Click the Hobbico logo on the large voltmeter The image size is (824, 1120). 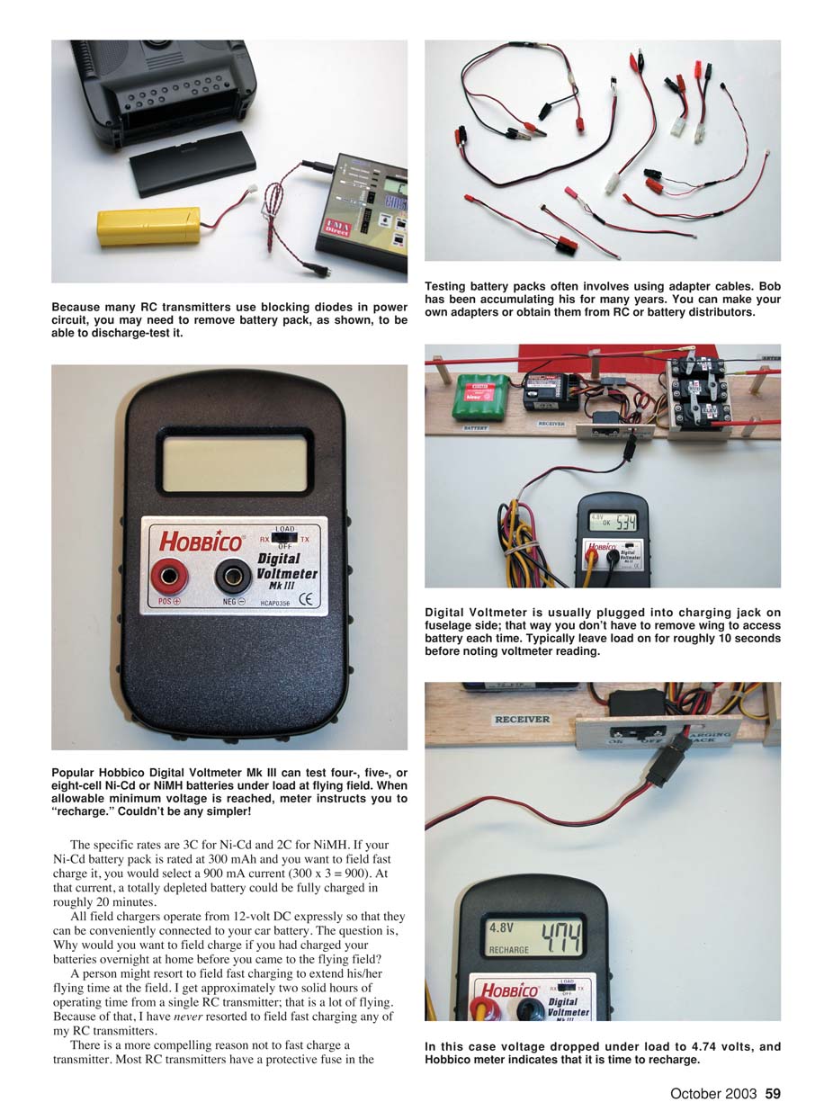[200, 541]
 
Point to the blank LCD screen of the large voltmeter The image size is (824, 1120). [234, 463]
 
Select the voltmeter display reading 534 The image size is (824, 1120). [612, 521]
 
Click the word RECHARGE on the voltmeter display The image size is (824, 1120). [508, 949]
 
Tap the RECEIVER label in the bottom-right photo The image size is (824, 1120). [522, 720]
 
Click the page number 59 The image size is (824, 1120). [772, 1094]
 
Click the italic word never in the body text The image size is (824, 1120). [185, 1016]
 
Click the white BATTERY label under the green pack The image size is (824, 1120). [476, 428]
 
